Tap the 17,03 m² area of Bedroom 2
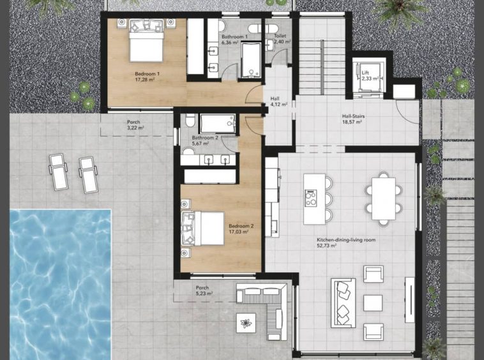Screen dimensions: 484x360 click(x=239, y=231)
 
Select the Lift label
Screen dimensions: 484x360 click(x=365, y=73)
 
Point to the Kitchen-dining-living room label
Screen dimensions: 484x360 click(x=346, y=240)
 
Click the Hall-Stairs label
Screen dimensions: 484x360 click(x=354, y=116)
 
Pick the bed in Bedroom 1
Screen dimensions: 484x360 click(x=146, y=40)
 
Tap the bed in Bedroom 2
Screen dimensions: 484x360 click(x=203, y=229)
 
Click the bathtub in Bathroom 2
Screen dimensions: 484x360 click(x=218, y=124)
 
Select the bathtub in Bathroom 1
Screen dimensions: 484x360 click(x=251, y=60)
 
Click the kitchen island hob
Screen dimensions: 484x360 click(x=311, y=198)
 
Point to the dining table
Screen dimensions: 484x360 click(x=384, y=199)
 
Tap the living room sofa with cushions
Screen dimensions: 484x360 click(x=344, y=303)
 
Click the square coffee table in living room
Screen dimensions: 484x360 click(x=373, y=303)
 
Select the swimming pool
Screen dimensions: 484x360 click(x=60, y=285)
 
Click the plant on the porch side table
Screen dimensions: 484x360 click(x=246, y=323)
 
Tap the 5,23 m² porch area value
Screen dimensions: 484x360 click(x=204, y=294)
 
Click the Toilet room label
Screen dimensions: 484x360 click(x=280, y=36)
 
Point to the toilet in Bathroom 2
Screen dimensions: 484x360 click(x=190, y=120)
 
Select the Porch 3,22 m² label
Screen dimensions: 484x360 click(x=135, y=124)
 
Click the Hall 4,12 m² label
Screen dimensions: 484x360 click(x=279, y=101)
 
